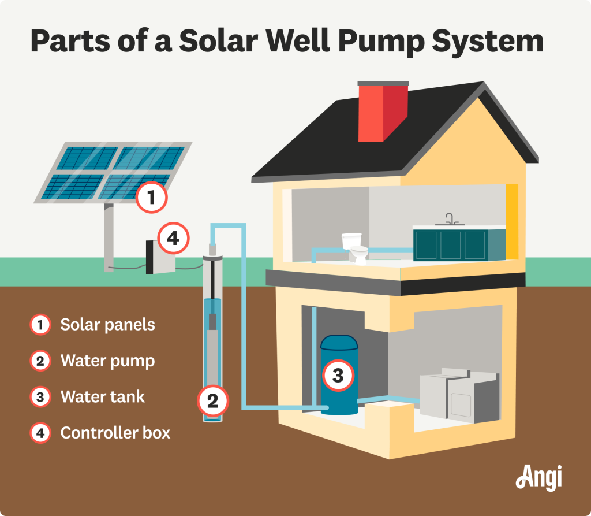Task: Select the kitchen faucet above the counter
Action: [451, 219]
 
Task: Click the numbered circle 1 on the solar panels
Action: [151, 199]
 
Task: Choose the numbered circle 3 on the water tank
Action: [338, 376]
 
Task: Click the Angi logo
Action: [538, 478]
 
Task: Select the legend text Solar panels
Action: [107, 325]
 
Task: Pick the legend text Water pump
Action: [107, 361]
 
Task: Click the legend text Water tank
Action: [103, 397]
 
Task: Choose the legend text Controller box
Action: [115, 432]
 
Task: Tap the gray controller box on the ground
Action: [161, 257]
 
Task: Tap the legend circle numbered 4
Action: [40, 432]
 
